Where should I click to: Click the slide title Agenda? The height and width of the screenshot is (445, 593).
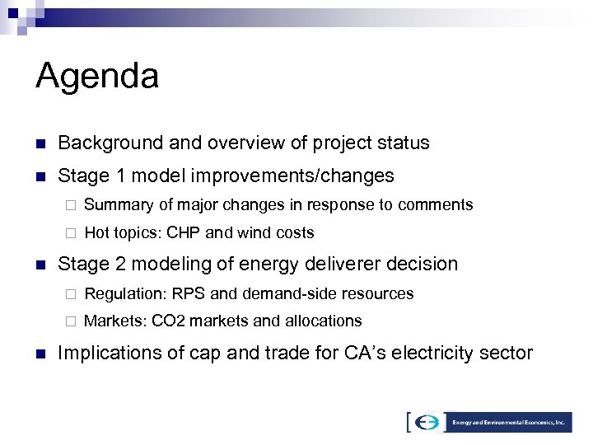97,77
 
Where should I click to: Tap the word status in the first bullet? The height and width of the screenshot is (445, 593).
402,143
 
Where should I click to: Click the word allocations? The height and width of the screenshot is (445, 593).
322,321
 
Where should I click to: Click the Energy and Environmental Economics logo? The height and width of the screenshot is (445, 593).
489,422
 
